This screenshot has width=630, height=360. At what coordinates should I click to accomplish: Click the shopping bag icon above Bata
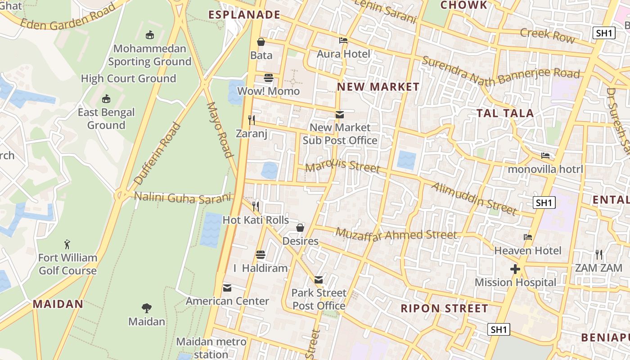click(261, 42)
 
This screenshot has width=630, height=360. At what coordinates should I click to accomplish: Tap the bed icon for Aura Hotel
click(343, 40)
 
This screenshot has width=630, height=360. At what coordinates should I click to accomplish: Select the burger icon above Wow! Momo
click(269, 78)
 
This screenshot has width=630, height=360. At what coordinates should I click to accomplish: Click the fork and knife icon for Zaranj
click(252, 120)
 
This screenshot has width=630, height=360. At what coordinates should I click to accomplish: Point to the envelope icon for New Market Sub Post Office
click(340, 115)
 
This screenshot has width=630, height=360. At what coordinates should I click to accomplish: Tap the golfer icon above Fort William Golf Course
click(67, 244)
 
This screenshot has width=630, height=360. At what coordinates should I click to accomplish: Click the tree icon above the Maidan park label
click(146, 308)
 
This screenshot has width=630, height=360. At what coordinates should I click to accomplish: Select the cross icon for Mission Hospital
click(515, 269)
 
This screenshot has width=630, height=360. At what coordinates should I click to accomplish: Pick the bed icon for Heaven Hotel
click(528, 237)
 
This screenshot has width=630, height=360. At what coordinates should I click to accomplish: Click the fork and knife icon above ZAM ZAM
click(598, 255)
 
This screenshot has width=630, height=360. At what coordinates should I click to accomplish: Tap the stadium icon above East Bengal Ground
click(106, 99)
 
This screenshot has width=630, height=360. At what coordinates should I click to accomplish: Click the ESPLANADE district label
click(244, 15)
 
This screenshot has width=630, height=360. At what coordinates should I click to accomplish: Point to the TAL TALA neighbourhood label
click(505, 113)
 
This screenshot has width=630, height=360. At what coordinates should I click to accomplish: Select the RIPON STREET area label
click(444, 308)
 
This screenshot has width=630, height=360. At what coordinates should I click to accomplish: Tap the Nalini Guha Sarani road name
click(182, 198)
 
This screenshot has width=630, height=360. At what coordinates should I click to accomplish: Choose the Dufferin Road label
click(157, 153)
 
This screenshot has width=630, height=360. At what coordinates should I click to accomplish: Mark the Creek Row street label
click(547, 35)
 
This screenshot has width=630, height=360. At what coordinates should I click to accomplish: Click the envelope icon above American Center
click(227, 288)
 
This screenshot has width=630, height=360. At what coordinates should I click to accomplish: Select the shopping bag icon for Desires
click(300, 228)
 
